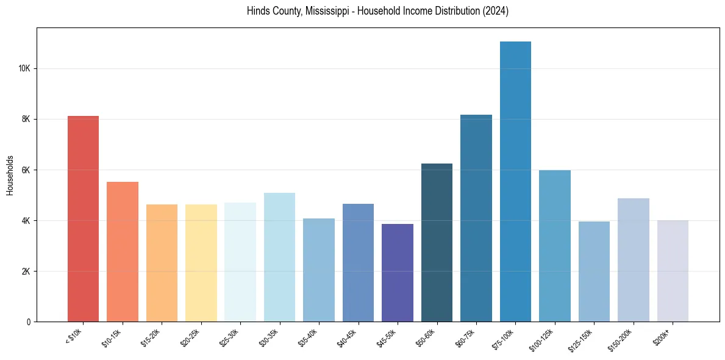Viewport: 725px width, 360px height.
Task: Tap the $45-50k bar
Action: click(398, 272)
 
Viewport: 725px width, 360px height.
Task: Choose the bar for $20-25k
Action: click(201, 262)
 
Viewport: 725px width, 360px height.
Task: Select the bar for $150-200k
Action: click(634, 259)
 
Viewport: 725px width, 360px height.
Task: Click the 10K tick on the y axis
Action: click(24, 68)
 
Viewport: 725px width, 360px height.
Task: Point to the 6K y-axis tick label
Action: click(26, 170)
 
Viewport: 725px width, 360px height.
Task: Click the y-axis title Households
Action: click(10, 175)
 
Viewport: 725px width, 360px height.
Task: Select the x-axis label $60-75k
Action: click(466, 337)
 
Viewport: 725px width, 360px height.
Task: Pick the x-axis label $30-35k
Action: click(270, 337)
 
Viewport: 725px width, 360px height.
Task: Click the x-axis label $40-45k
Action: click(349, 337)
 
